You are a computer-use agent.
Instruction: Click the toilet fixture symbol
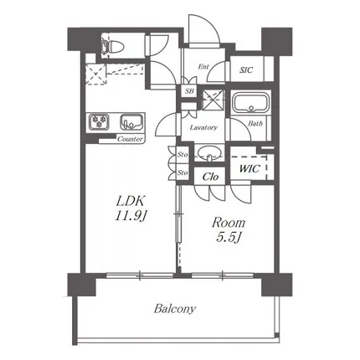tap(112, 46)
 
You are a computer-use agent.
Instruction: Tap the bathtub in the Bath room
tap(251, 103)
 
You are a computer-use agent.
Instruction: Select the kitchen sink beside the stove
tap(131, 122)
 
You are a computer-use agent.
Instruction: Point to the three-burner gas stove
tap(99, 122)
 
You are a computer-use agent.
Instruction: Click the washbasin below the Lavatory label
tap(209, 153)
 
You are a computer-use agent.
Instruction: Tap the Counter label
tap(130, 139)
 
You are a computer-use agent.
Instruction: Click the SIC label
tap(246, 69)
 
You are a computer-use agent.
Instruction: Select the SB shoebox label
tap(189, 91)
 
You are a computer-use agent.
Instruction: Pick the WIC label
tap(249, 168)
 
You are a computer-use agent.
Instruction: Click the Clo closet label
tap(210, 177)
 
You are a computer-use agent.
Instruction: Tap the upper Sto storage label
tap(183, 154)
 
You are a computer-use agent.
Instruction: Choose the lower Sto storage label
tap(183, 172)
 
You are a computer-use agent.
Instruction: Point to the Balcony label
tap(175, 309)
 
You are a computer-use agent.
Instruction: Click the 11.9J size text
tap(131, 215)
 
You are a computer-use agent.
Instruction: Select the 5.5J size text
tap(229, 238)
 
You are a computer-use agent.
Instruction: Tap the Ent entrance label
tap(203, 67)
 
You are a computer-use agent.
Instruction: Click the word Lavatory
tap(203, 127)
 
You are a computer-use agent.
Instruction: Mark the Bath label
tap(255, 123)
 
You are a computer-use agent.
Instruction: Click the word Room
tap(229, 223)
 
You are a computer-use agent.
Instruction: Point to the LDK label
tap(131, 201)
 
